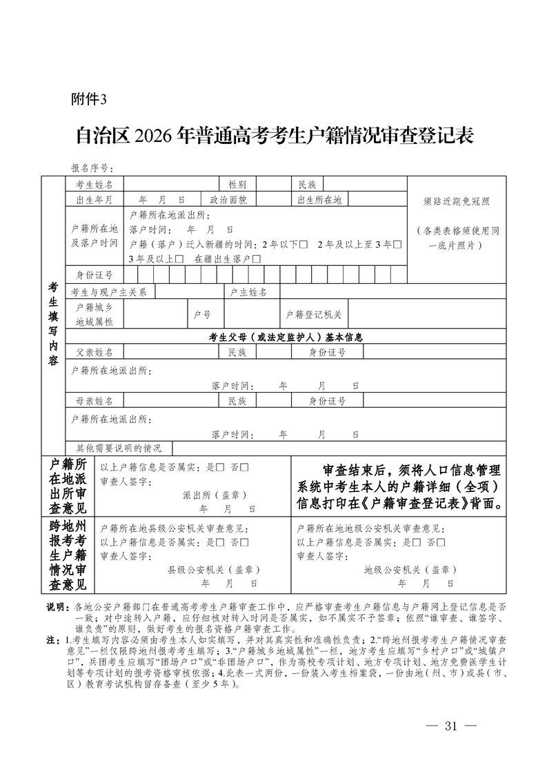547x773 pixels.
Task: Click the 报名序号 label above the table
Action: pos(90,168)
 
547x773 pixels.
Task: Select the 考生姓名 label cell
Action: pos(95,184)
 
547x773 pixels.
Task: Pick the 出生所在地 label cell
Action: pos(319,200)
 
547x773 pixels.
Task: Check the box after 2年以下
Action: pos(304,245)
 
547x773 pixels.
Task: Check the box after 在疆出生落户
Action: pos(257,260)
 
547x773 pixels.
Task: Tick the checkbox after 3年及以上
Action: pos(179,260)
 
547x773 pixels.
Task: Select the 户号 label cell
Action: pos(202,314)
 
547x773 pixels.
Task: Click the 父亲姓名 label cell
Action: pos(95,352)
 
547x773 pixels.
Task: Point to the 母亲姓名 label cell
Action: pos(95,400)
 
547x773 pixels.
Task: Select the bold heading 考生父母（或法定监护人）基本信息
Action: pos(286,338)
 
